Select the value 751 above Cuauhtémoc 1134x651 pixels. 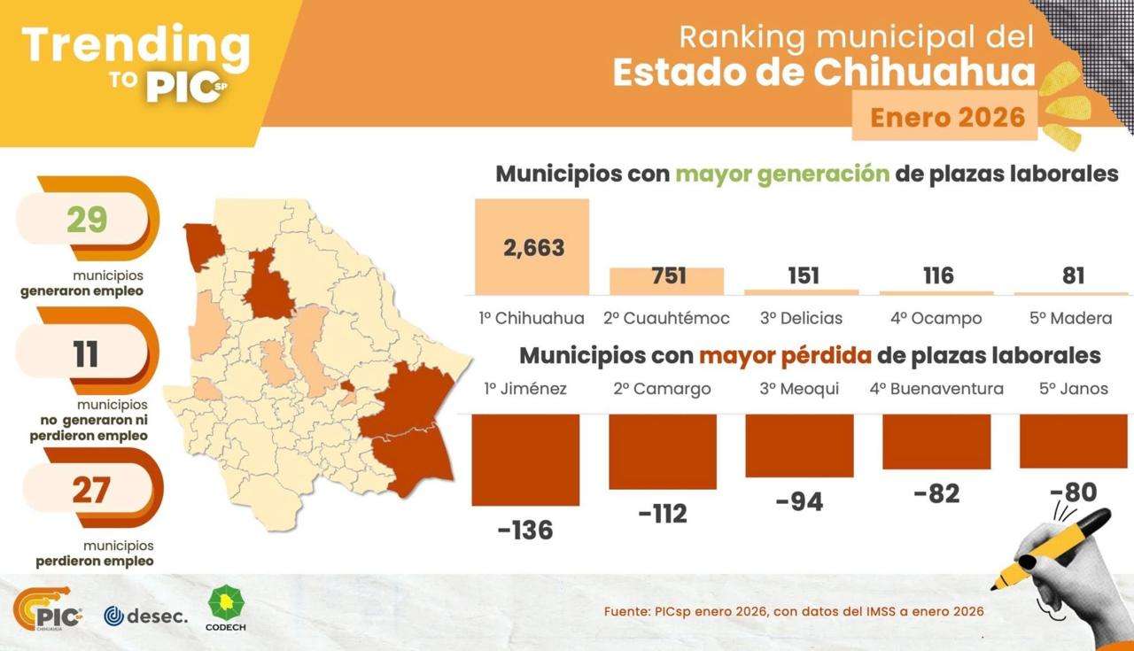669,276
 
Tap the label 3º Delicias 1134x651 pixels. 801,318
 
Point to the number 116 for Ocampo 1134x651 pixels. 938,276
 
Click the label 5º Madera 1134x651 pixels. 1074,318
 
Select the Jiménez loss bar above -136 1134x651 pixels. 525,460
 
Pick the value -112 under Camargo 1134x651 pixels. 663,513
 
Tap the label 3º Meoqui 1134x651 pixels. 799,389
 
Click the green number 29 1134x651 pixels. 87,220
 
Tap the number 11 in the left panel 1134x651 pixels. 86,354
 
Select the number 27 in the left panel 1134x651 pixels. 89,490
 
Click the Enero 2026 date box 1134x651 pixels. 946,117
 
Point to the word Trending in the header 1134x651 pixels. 135,44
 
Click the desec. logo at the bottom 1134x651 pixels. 146,614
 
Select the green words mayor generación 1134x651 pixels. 782,174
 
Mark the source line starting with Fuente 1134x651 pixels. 793,611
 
